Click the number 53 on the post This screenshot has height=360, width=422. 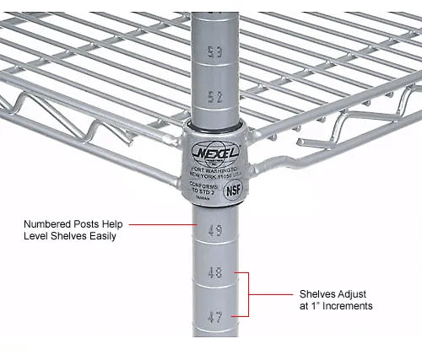[215, 53]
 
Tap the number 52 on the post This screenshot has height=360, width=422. [215, 97]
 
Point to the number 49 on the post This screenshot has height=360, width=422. [215, 230]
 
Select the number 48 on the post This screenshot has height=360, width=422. [215, 273]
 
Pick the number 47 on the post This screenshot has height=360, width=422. [215, 316]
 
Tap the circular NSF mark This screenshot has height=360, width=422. [233, 190]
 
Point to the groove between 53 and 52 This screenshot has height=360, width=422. [215, 75]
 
